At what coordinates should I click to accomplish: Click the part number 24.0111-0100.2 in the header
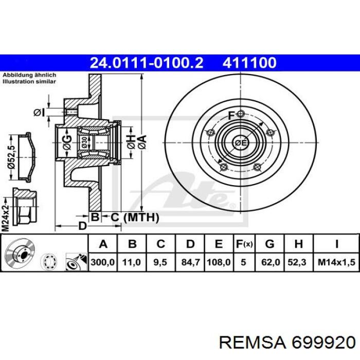[x=147, y=63]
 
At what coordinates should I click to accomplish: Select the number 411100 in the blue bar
[x=249, y=63]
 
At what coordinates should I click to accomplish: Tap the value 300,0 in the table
[x=102, y=262]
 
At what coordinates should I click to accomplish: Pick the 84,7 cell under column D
[x=190, y=262]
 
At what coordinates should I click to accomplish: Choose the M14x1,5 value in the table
[x=336, y=262]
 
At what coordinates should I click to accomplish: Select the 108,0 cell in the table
[x=219, y=262]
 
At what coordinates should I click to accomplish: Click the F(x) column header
[x=244, y=243]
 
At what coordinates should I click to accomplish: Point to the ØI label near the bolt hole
[x=40, y=112]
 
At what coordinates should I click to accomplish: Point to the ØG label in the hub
[x=67, y=141]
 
